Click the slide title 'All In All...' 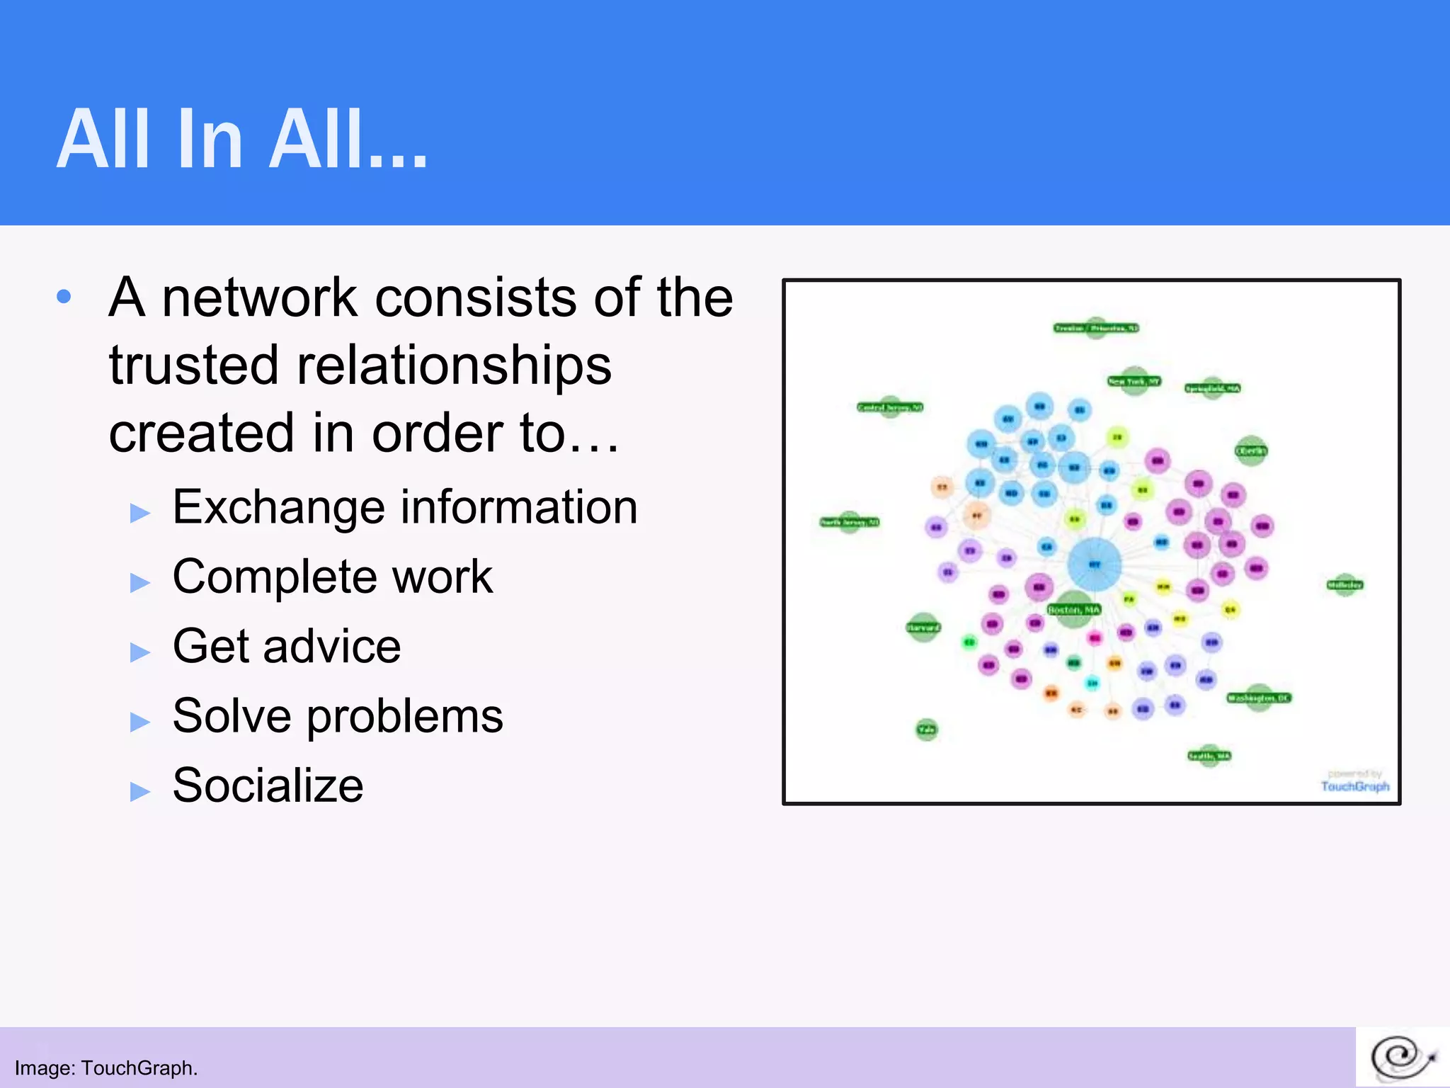coord(242,140)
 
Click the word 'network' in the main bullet coord(259,297)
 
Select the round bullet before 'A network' coord(64,297)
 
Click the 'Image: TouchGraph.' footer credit coord(106,1067)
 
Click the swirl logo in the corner coord(1402,1058)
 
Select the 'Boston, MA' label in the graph coord(1074,609)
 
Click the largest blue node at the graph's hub coord(1094,565)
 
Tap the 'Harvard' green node coord(923,627)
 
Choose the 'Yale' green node coord(927,729)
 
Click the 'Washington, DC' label coord(1259,698)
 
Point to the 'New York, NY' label coord(1134,381)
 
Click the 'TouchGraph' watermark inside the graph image coord(1354,786)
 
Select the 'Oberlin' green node coord(1251,450)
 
